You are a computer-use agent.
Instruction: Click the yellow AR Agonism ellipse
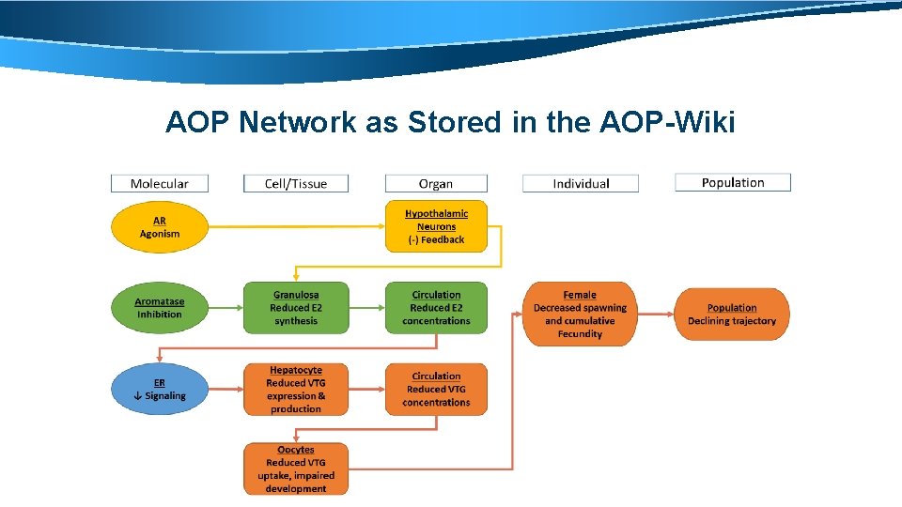[159, 227]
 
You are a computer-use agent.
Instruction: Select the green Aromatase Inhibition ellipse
[159, 308]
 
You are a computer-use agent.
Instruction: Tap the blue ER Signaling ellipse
[159, 389]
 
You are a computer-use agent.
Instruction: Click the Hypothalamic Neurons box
[436, 226]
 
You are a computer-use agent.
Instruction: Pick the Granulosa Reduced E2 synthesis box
[296, 308]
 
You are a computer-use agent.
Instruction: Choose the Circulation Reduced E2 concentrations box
[436, 308]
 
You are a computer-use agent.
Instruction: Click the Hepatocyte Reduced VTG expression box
[296, 390]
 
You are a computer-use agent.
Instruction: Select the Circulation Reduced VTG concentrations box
[436, 390]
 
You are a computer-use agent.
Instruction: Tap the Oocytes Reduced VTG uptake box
[296, 469]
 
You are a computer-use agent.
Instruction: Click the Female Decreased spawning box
[580, 315]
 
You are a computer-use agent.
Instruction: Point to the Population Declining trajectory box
[732, 315]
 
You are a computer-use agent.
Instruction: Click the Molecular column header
[159, 184]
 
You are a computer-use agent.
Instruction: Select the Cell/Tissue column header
[296, 184]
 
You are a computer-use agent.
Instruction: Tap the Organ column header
[436, 184]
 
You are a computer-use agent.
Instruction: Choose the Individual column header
[581, 184]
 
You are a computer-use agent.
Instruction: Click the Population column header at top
[733, 183]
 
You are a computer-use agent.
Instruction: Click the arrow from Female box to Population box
[655, 315]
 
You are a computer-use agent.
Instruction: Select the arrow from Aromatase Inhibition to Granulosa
[225, 308]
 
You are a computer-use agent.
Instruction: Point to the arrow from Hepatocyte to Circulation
[366, 390]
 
